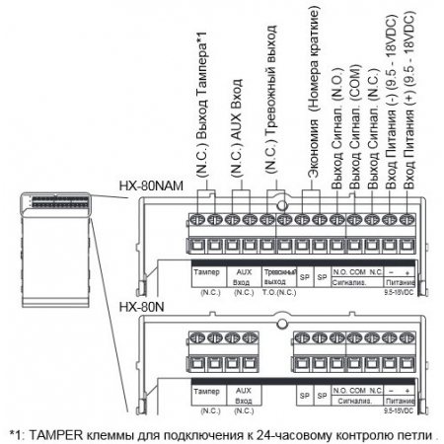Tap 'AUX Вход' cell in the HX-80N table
243,395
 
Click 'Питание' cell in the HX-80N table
401,403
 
